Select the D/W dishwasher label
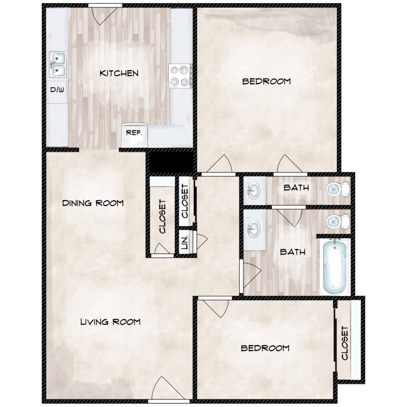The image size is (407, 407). [x=57, y=90]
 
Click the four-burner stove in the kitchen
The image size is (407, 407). [x=180, y=75]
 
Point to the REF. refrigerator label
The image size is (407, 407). [x=133, y=132]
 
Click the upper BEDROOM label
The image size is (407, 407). [x=266, y=81]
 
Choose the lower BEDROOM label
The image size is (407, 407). [x=265, y=348]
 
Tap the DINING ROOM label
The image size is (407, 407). [x=93, y=203]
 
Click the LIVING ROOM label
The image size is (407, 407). [x=110, y=322]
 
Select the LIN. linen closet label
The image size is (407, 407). [x=184, y=242]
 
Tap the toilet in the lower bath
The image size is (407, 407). [x=335, y=222]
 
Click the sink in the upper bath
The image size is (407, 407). [x=253, y=190]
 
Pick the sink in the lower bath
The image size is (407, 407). [x=253, y=228]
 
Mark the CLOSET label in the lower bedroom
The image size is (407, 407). [x=345, y=343]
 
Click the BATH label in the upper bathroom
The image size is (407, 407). [x=296, y=188]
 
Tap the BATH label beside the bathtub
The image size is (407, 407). [x=292, y=252]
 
